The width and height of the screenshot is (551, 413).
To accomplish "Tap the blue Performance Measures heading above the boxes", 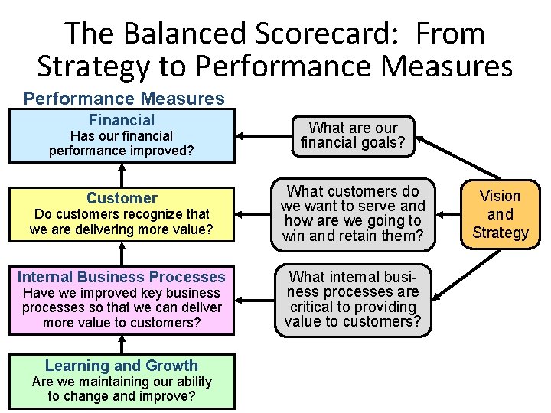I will click(x=124, y=99).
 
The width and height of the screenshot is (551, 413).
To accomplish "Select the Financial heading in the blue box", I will click(x=122, y=120).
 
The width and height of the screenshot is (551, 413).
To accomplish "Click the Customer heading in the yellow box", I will click(x=122, y=198).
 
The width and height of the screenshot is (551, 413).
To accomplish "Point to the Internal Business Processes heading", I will click(x=122, y=277).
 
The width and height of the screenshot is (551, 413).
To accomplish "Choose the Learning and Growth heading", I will click(x=122, y=366).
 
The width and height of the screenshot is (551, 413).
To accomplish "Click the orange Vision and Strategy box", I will click(x=500, y=214).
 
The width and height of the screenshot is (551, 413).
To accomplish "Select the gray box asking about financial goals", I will click(x=354, y=135).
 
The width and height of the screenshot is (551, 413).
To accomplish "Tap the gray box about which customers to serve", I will click(x=354, y=213).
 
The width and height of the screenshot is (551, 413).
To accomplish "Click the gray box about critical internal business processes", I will click(x=354, y=299).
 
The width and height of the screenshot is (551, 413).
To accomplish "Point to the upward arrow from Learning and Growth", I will click(x=122, y=345).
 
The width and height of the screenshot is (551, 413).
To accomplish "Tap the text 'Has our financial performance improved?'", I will click(x=122, y=143).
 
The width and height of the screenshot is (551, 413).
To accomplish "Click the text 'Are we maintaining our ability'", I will click(x=122, y=381).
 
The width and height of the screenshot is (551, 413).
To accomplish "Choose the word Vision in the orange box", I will click(x=500, y=196).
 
